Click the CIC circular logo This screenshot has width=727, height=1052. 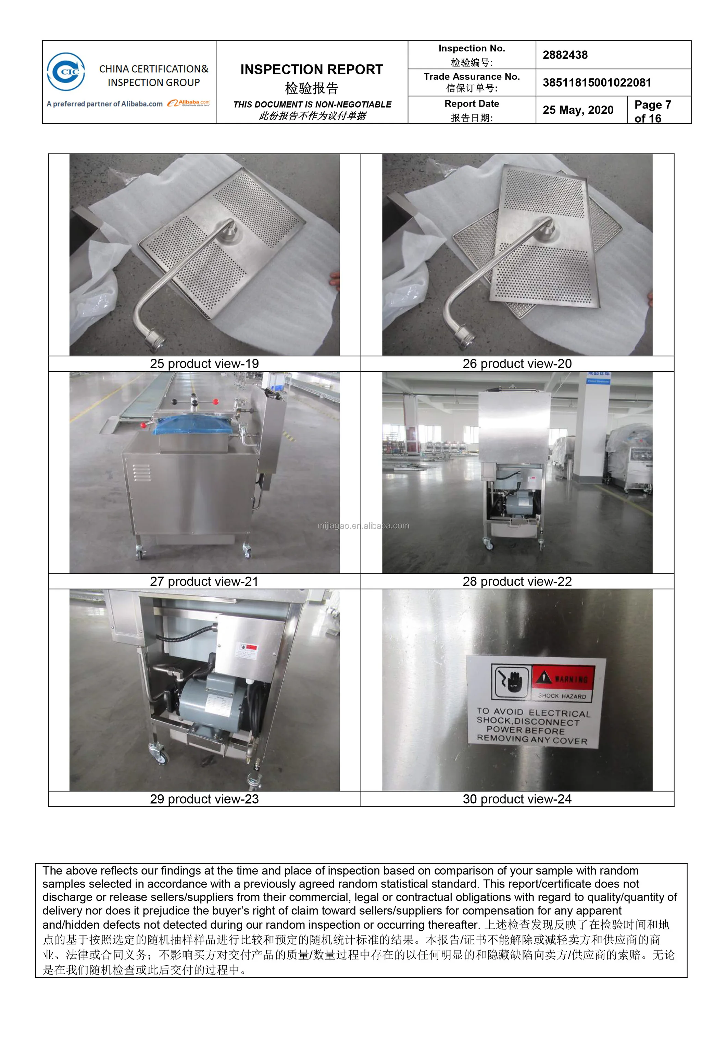pyautogui.click(x=66, y=72)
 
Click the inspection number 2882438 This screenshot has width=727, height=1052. pyautogui.click(x=565, y=55)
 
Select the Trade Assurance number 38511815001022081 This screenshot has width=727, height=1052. pyautogui.click(x=597, y=83)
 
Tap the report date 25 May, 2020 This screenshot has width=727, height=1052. pyautogui.click(x=578, y=110)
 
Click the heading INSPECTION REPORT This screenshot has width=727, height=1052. pyautogui.click(x=312, y=69)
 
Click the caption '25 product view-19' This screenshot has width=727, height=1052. pyautogui.click(x=204, y=363)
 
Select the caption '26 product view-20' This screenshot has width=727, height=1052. pyautogui.click(x=517, y=363)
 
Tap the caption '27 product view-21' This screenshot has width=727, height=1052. pyautogui.click(x=204, y=581)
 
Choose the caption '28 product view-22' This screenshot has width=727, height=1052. pyautogui.click(x=517, y=581)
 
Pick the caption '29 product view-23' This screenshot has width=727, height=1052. pyautogui.click(x=204, y=799)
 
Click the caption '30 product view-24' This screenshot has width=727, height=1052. pyautogui.click(x=517, y=799)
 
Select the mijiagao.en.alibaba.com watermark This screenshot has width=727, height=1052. pyautogui.click(x=363, y=525)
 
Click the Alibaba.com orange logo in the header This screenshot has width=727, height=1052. pyautogui.click(x=188, y=103)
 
